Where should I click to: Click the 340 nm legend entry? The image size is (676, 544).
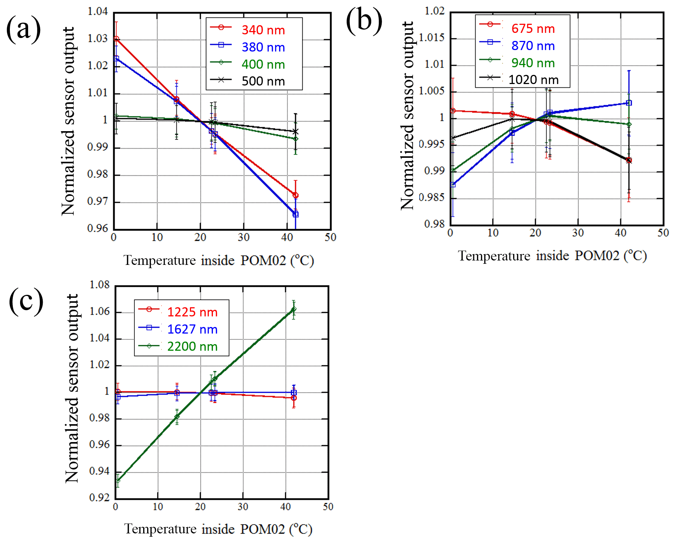(x=263, y=30)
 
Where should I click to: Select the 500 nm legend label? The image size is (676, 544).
(x=263, y=81)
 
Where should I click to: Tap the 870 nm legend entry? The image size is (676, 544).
(x=533, y=46)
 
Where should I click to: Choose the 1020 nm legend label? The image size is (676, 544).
(x=533, y=80)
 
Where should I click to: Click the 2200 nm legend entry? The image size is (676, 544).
(x=192, y=346)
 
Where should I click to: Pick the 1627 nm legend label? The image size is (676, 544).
(x=192, y=329)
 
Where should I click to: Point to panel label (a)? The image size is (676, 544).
(x=23, y=29)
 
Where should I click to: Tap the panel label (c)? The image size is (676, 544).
(x=26, y=301)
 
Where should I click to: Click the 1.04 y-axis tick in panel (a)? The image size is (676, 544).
(x=98, y=12)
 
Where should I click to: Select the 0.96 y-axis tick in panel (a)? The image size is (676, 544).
(x=98, y=228)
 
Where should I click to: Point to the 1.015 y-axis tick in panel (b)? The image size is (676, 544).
(x=432, y=38)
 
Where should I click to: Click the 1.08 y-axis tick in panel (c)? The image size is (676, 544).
(x=99, y=285)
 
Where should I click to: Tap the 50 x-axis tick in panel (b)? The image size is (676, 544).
(x=663, y=233)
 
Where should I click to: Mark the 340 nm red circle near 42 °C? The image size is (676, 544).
(x=295, y=195)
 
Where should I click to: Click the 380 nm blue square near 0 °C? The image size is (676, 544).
(x=117, y=58)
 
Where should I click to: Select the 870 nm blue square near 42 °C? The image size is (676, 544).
(x=629, y=103)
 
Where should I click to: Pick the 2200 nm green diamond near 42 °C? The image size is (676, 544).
(x=294, y=309)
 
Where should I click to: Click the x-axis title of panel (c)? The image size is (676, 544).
(x=218, y=529)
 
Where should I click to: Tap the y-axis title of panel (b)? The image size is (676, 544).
(x=407, y=115)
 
